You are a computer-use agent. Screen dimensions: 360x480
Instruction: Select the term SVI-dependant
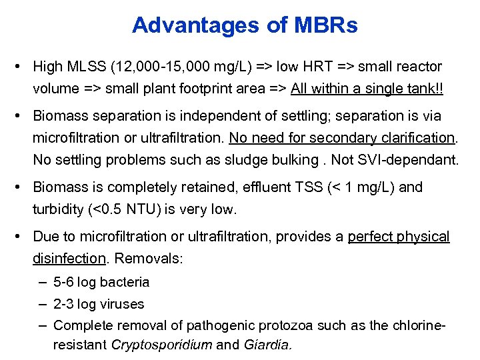point(413,159)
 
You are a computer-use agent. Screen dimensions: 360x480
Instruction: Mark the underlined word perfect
point(371,237)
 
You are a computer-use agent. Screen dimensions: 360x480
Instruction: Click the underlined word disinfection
point(69,259)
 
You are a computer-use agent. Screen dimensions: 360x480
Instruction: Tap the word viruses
point(122,304)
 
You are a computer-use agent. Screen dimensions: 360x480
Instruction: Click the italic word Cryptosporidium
point(161,345)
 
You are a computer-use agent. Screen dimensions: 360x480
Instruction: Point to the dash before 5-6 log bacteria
point(42,282)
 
